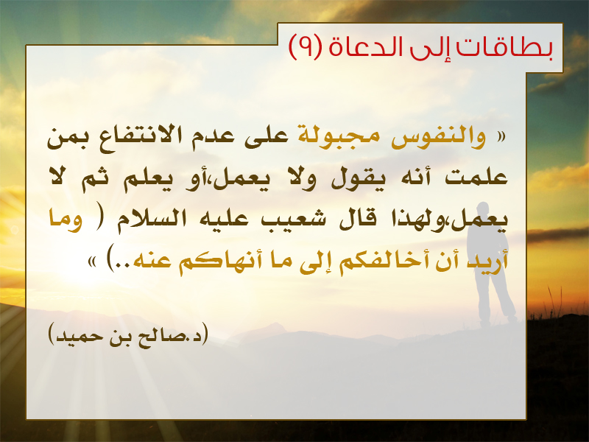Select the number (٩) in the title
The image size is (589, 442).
click(x=304, y=47)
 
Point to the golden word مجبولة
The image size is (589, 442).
click(x=338, y=136)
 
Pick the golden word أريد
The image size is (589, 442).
click(x=487, y=260)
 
